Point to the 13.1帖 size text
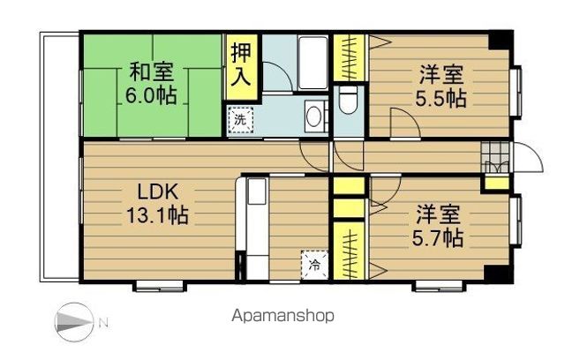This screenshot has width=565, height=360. coord(157,214)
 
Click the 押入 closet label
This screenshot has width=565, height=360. coord(239,64)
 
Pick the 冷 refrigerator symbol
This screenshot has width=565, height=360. coord(314,264)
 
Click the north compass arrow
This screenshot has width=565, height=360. coord(74,320)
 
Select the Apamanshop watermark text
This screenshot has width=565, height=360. coord(284,316)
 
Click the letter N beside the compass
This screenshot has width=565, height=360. coord(103,322)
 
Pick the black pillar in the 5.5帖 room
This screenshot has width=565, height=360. coord(501,41)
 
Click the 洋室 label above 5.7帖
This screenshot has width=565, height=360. coord(439,214)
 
